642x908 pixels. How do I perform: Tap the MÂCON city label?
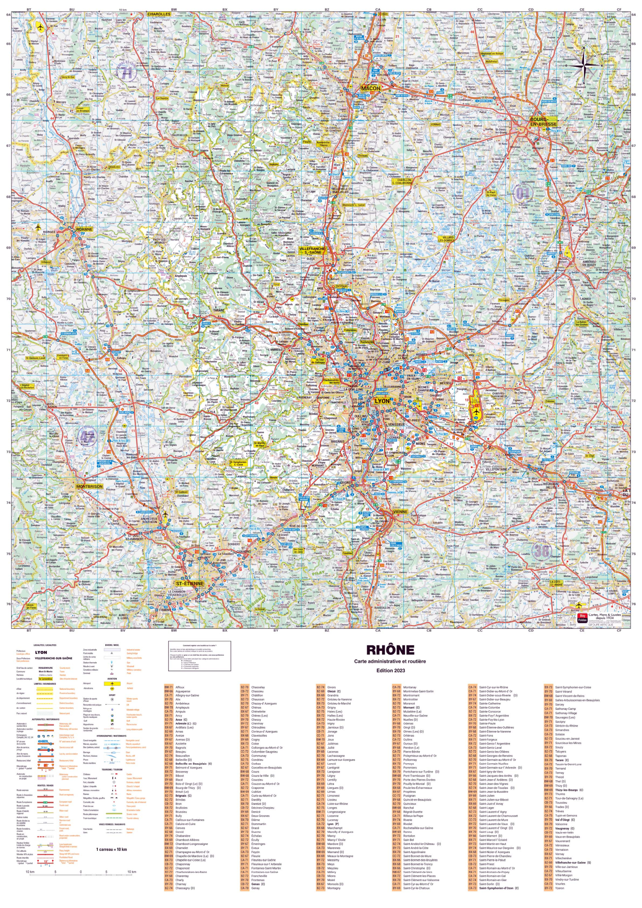(371, 88)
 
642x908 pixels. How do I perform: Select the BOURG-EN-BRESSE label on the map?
(543, 121)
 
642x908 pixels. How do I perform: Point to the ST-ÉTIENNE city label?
(190, 584)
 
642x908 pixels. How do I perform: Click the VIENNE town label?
(400, 511)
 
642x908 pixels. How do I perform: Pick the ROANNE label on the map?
(84, 229)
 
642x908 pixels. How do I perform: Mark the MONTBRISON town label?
(89, 486)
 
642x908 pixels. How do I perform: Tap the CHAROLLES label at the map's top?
(159, 14)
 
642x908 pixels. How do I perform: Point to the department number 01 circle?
(523, 193)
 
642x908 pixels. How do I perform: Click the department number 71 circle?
(127, 72)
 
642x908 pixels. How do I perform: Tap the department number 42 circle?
(87, 436)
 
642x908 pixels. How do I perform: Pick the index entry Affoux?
(180, 687)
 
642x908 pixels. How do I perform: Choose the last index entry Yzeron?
(559, 888)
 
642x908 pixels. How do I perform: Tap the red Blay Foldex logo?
(582, 618)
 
